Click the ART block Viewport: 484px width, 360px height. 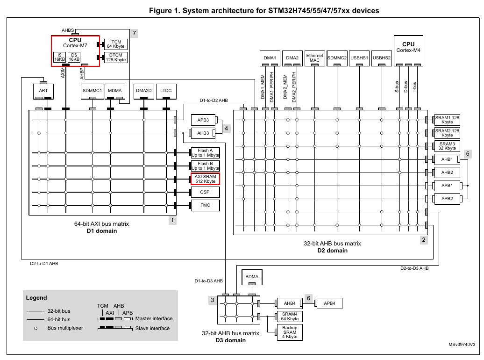pyautogui.click(x=43, y=91)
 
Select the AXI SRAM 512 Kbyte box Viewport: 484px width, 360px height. pyautogui.click(x=205, y=179)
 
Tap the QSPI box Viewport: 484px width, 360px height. pyautogui.click(x=205, y=192)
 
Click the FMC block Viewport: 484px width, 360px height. pyautogui.click(x=205, y=205)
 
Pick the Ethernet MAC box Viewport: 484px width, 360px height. pyautogui.click(x=314, y=58)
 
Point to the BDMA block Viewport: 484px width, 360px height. pyautogui.click(x=252, y=277)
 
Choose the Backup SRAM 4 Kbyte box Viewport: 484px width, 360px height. pyautogui.click(x=290, y=332)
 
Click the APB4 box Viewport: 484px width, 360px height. pyautogui.click(x=329, y=303)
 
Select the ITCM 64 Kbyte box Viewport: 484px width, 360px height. pyautogui.click(x=116, y=44)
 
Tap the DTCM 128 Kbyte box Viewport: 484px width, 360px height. pyautogui.click(x=116, y=58)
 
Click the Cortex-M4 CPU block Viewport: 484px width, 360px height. pyautogui.click(x=408, y=50)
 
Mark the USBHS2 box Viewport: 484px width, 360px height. pyautogui.click(x=382, y=58)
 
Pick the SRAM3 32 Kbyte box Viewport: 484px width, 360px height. pyautogui.click(x=447, y=146)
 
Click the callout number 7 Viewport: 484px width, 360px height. pyautogui.click(x=134, y=33)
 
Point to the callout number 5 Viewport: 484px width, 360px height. pyautogui.click(x=468, y=154)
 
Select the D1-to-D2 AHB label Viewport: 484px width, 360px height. pyautogui.click(x=214, y=101)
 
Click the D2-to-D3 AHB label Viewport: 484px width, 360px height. pyautogui.click(x=414, y=268)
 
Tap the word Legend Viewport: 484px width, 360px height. pyautogui.click(x=36, y=298)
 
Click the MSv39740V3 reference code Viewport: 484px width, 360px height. pyautogui.click(x=462, y=345)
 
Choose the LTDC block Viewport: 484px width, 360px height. pyautogui.click(x=166, y=91)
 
